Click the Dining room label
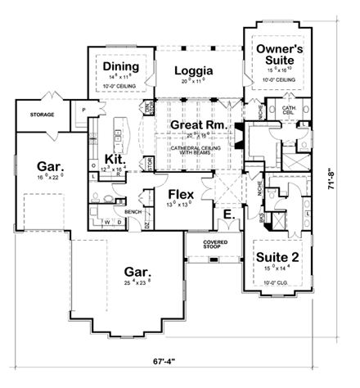[x=119, y=66]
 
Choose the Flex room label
[x=180, y=195]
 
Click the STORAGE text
[x=41, y=115]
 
